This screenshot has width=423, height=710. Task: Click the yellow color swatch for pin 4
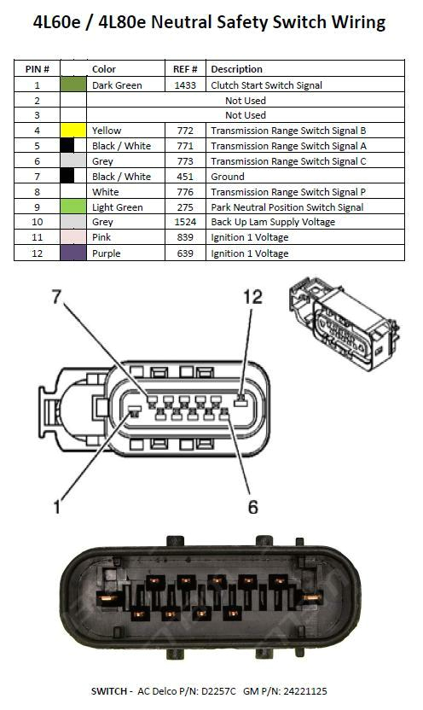(x=73, y=131)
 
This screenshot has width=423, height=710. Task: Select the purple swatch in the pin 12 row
(x=73, y=253)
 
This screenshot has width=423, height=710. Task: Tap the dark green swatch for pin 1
(x=73, y=85)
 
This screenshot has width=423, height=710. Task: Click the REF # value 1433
(x=185, y=85)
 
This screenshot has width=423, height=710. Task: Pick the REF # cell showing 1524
(x=185, y=222)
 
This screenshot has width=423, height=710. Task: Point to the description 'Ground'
(x=228, y=177)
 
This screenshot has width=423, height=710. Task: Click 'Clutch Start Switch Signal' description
(x=266, y=85)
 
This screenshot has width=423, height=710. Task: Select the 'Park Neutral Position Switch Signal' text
(x=287, y=207)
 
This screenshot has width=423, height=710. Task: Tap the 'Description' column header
(x=236, y=69)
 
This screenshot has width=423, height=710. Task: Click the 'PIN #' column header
(x=37, y=69)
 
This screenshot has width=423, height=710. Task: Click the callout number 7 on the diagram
(x=56, y=296)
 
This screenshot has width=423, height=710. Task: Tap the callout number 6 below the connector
(x=252, y=507)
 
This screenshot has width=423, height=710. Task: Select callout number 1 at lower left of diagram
(x=57, y=507)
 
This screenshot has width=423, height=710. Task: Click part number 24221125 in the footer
(x=298, y=691)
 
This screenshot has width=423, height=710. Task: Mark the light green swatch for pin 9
(x=73, y=207)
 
